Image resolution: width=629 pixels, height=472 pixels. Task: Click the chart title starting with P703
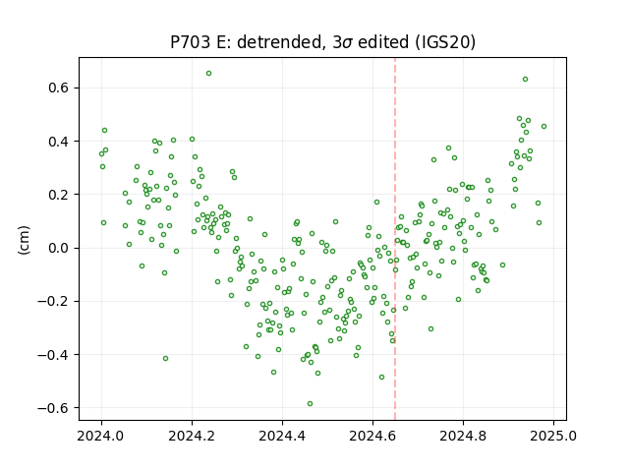(x=322, y=42)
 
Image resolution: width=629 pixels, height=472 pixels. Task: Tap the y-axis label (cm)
(x=24, y=240)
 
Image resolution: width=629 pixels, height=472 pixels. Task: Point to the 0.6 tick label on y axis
(x=60, y=88)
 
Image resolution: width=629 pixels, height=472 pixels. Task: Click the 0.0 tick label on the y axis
(x=60, y=248)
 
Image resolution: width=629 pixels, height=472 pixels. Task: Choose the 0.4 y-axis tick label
(x=60, y=142)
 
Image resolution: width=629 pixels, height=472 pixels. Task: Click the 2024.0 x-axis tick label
(x=101, y=436)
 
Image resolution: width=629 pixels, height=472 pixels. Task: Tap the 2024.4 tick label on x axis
(x=282, y=436)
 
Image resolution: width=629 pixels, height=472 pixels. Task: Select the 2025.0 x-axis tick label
(x=553, y=436)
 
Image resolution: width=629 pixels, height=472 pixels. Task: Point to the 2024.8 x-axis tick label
(x=463, y=436)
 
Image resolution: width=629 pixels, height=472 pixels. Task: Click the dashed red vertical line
(x=395, y=239)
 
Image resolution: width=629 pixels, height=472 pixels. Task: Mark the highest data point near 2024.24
(x=209, y=74)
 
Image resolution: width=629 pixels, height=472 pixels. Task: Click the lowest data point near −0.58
(x=311, y=404)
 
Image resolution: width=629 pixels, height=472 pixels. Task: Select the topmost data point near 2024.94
(x=525, y=80)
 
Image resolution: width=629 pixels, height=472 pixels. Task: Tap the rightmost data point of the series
(x=543, y=127)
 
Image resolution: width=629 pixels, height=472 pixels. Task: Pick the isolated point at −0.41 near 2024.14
(x=166, y=358)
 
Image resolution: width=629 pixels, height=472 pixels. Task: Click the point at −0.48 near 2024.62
(x=382, y=378)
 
